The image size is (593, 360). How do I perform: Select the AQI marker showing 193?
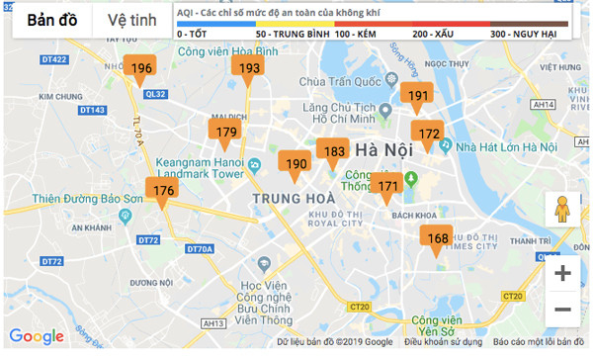pos(249,68)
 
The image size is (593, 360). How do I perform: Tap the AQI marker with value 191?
pos(417,96)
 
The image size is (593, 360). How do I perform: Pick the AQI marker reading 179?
pos(226,133)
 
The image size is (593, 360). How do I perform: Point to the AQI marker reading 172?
pos(428,134)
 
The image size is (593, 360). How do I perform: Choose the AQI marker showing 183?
pos(334,152)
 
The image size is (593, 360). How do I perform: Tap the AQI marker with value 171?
pos(388,185)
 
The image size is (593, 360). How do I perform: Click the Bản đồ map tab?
pos(53,21)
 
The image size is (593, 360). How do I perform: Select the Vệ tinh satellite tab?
pos(131,21)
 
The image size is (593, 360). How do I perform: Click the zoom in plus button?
pos(562,273)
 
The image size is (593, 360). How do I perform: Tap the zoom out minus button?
pos(562,310)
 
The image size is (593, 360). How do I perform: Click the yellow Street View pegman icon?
pos(562,210)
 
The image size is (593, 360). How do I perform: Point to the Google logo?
pos(37,337)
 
